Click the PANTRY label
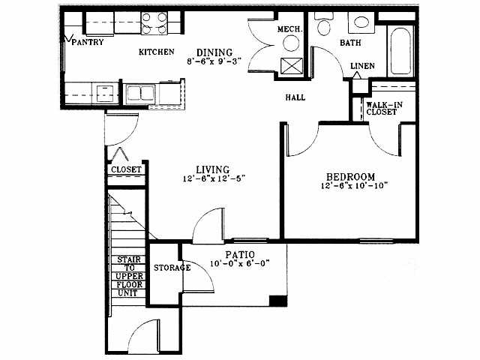coord(88,42)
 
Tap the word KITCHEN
coord(157,52)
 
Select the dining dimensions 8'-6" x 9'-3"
coord(214,61)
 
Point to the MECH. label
coord(290,29)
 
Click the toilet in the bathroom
coord(323,24)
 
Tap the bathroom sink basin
coord(361,22)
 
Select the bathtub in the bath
coord(400,51)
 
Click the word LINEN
coord(362,66)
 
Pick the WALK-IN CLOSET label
coord(384,108)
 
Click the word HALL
coord(295,97)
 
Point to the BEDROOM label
coord(350,177)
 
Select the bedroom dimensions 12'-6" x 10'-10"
coord(355,185)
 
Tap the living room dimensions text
coord(214,178)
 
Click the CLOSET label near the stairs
coord(126,169)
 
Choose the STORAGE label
coord(172,268)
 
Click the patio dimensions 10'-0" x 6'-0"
coord(240,263)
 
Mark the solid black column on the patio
coord(278,301)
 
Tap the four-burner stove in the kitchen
coord(154,23)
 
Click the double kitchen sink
coord(140,93)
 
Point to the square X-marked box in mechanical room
coord(292,66)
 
